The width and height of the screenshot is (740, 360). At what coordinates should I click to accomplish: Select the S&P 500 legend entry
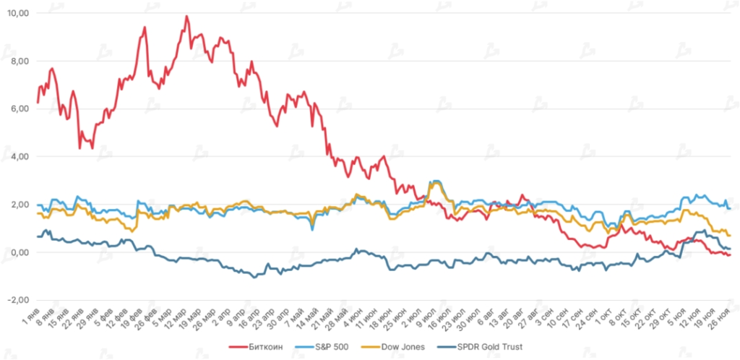(333, 347)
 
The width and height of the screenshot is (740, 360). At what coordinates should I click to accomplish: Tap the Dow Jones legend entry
(405, 347)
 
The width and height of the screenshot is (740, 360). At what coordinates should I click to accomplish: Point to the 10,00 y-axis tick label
(17, 13)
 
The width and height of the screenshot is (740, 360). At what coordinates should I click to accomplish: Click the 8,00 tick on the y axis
(18, 61)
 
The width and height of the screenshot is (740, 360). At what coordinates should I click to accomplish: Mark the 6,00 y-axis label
(18, 108)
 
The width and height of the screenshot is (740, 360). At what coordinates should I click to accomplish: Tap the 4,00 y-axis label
(18, 156)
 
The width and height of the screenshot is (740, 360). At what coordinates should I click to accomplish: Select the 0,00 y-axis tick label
(18, 252)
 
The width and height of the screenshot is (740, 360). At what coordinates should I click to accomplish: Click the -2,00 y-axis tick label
(17, 300)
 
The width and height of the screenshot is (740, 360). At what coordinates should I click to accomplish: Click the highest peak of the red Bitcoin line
(186, 16)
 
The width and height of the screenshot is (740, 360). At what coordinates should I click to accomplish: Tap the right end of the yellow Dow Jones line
(731, 236)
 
